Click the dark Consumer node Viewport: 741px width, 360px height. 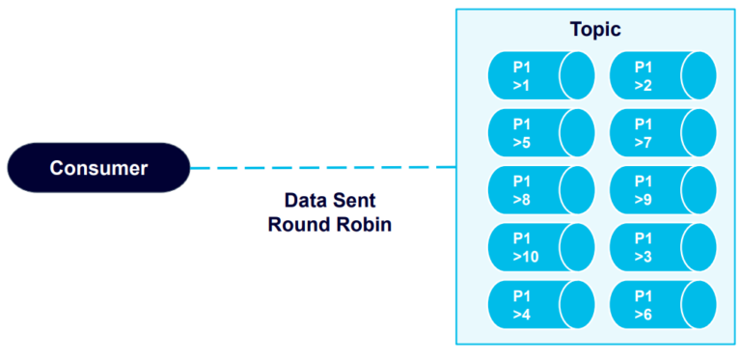(x=98, y=168)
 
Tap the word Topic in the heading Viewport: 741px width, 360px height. (x=594, y=30)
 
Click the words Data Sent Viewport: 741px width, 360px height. (x=329, y=202)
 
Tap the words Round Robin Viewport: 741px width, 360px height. (x=329, y=226)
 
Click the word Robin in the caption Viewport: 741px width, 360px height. (x=363, y=226)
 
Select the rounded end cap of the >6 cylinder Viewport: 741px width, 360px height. (x=699, y=305)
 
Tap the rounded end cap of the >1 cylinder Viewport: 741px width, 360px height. (x=577, y=76)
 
